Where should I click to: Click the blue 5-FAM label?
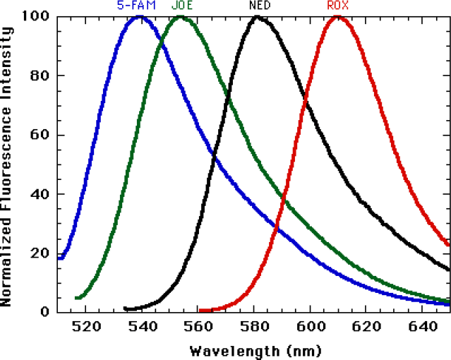pyautogui.click(x=136, y=5)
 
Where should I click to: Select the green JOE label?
pyautogui.click(x=182, y=5)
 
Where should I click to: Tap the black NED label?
pyautogui.click(x=260, y=5)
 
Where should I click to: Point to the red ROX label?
pyautogui.click(x=338, y=5)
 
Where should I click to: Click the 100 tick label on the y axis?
pyautogui.click(x=36, y=16)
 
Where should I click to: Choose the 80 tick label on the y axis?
pyautogui.click(x=40, y=76)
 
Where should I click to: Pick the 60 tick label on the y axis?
pyautogui.click(x=40, y=135)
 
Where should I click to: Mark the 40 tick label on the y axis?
pyautogui.click(x=40, y=194)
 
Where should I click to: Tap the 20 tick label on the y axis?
pyautogui.click(x=40, y=253)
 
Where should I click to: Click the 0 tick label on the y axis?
pyautogui.click(x=45, y=312)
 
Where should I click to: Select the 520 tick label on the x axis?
pyautogui.click(x=86, y=327)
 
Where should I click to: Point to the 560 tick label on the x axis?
pyautogui.click(x=198, y=327)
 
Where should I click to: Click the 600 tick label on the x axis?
pyautogui.click(x=311, y=327)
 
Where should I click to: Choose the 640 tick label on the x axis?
pyautogui.click(x=423, y=327)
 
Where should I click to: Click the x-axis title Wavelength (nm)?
pyautogui.click(x=255, y=352)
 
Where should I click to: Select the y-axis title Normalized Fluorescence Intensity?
pyautogui.click(x=6, y=167)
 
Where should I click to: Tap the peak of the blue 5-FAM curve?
pyautogui.click(x=140, y=18)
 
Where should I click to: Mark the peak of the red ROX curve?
pyautogui.click(x=337, y=18)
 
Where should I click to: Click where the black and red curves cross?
pyautogui.click(x=305, y=98)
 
